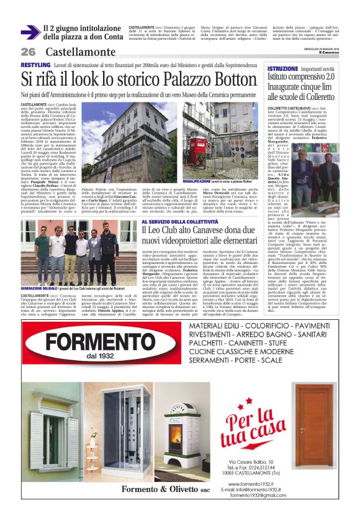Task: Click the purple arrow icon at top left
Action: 30,32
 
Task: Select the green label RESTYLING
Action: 35,65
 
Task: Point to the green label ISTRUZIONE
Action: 283,68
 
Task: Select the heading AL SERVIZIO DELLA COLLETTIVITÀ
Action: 179,222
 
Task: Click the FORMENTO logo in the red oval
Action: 90,343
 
